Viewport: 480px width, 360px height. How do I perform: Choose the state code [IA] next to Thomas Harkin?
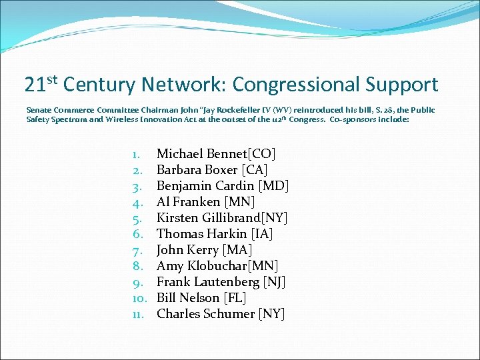pos(260,234)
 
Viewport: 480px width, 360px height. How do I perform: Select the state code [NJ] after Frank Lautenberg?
pos(273,282)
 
